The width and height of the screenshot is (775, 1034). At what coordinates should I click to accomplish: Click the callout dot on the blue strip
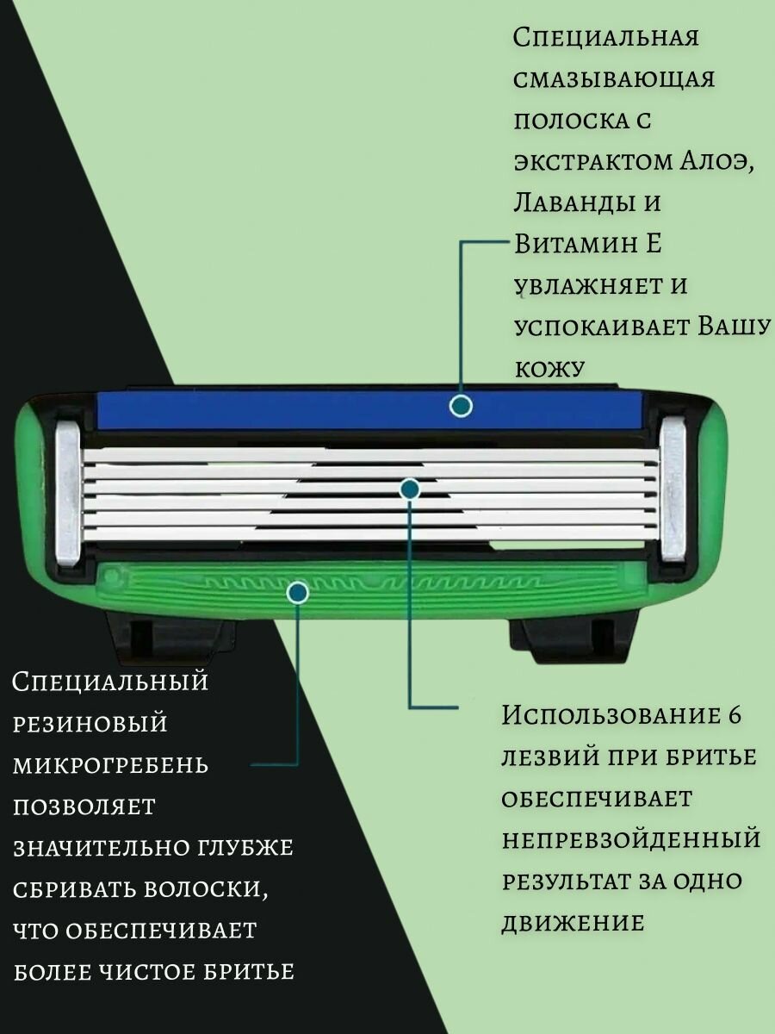(462, 406)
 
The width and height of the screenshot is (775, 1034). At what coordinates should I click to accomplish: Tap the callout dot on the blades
(411, 489)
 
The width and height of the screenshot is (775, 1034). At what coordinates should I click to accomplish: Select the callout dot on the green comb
(298, 592)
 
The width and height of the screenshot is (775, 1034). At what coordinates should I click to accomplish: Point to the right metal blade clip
(673, 489)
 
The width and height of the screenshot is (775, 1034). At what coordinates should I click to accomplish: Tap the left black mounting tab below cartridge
(172, 637)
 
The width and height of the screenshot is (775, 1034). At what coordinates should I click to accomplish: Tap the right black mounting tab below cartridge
(573, 637)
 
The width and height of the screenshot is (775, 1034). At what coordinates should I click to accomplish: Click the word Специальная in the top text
(604, 38)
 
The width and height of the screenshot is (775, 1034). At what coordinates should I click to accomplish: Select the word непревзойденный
(631, 839)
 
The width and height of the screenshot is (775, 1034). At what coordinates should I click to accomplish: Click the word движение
(573, 923)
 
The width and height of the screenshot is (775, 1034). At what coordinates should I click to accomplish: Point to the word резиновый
(90, 723)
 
